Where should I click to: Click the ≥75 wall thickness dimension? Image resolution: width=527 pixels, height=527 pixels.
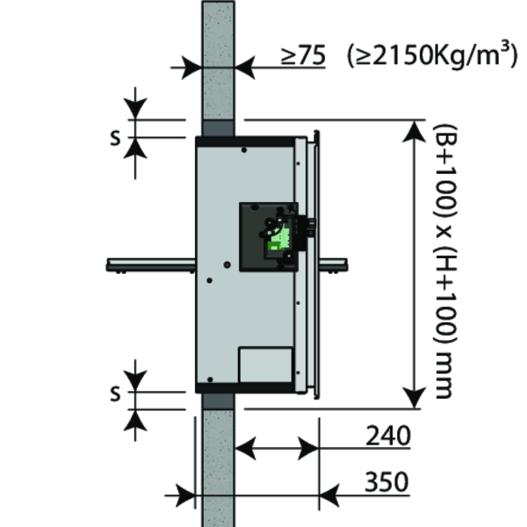point(304,55)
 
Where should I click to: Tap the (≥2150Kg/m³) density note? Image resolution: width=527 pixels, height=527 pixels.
point(432,54)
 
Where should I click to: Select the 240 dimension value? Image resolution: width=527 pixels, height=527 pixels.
point(388,436)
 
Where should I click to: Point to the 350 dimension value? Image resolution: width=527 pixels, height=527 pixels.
point(386,482)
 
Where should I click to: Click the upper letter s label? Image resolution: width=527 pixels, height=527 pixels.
point(115,138)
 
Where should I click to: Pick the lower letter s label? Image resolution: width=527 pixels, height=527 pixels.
point(115,393)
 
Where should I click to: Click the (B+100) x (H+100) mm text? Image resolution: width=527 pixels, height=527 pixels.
point(445,262)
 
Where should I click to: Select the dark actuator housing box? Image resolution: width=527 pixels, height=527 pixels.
point(269,236)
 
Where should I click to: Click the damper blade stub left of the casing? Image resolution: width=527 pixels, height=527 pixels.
point(151,265)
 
